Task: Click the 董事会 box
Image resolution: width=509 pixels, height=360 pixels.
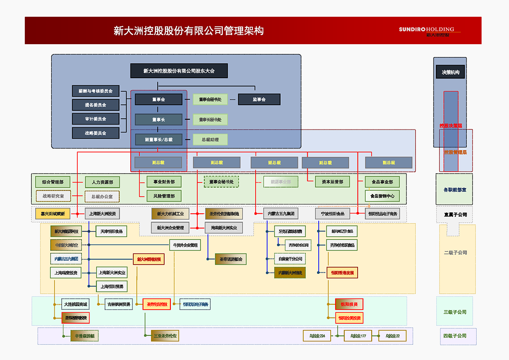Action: (158, 99)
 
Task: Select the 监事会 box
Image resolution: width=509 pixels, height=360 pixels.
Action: (259, 99)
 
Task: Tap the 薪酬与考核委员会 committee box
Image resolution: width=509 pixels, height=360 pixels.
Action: (95, 91)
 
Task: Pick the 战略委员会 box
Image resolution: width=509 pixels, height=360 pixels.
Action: (95, 133)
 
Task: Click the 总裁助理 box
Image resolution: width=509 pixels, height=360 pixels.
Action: (210, 140)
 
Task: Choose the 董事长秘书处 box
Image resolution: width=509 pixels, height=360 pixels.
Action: (210, 119)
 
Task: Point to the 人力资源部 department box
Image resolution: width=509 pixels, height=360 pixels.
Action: (102, 182)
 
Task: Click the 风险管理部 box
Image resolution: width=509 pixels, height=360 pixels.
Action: (164, 196)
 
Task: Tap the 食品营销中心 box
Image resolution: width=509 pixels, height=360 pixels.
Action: (382, 196)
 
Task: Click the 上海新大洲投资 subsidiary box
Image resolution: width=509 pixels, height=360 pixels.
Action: (102, 214)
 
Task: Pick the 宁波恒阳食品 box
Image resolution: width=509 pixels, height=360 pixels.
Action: (332, 214)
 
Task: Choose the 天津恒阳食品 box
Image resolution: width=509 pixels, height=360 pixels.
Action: (111, 231)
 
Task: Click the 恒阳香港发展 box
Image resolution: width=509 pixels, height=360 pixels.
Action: (342, 273)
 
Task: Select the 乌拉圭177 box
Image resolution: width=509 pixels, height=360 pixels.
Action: (358, 336)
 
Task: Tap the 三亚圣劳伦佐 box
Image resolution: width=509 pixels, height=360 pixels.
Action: (165, 336)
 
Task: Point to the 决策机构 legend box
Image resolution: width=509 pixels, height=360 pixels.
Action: (450, 72)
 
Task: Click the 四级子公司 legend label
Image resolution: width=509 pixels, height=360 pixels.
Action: (455, 336)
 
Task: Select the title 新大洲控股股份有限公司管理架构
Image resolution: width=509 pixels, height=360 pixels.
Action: (189, 31)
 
